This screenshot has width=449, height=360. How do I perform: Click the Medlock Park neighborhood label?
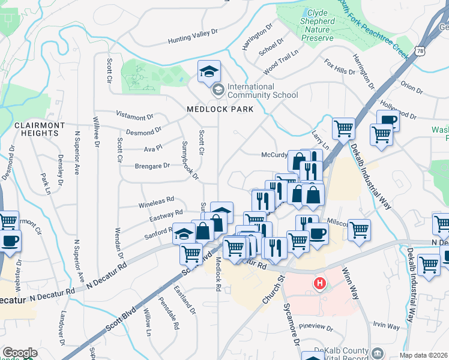click(220, 109)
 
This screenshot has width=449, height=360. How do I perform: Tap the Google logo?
click(20, 353)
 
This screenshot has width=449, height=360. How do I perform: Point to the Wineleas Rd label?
click(157, 201)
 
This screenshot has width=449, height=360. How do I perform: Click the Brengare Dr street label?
click(137, 165)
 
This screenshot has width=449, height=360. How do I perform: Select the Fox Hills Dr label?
click(339, 67)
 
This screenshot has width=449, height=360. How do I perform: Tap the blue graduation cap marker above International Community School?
click(209, 72)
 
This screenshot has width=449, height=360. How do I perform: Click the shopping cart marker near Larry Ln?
click(343, 128)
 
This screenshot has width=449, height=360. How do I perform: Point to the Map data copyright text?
click(424, 355)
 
